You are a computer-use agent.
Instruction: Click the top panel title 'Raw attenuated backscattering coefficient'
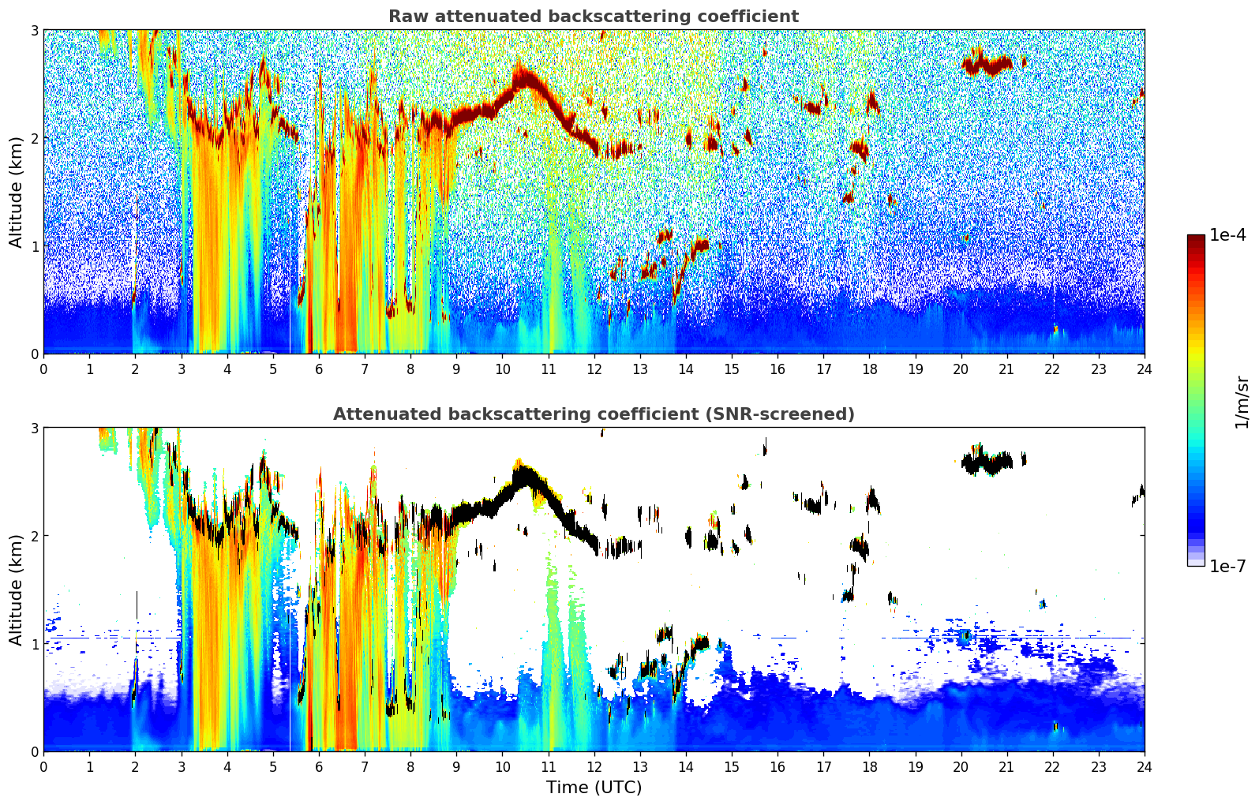594,17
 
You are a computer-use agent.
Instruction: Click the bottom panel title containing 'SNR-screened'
594,414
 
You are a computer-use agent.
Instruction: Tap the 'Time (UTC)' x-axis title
594,787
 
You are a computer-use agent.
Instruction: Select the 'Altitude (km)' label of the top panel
16,193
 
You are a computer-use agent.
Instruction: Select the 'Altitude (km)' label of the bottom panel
16,590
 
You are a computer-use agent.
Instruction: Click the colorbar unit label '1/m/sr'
1242,403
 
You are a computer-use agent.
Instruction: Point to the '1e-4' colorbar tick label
1227,235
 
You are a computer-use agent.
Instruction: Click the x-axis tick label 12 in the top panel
594,369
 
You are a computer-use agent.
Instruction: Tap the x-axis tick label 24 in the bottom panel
1145,767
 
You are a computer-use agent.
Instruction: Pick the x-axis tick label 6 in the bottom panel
319,767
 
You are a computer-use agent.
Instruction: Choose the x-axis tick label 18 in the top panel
870,369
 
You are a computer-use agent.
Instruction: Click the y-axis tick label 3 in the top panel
34,30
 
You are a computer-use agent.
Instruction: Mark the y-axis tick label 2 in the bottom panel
34,536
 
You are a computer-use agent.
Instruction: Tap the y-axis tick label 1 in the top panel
34,246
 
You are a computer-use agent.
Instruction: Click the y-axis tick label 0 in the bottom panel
34,751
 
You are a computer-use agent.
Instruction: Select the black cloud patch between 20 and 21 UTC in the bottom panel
987,463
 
